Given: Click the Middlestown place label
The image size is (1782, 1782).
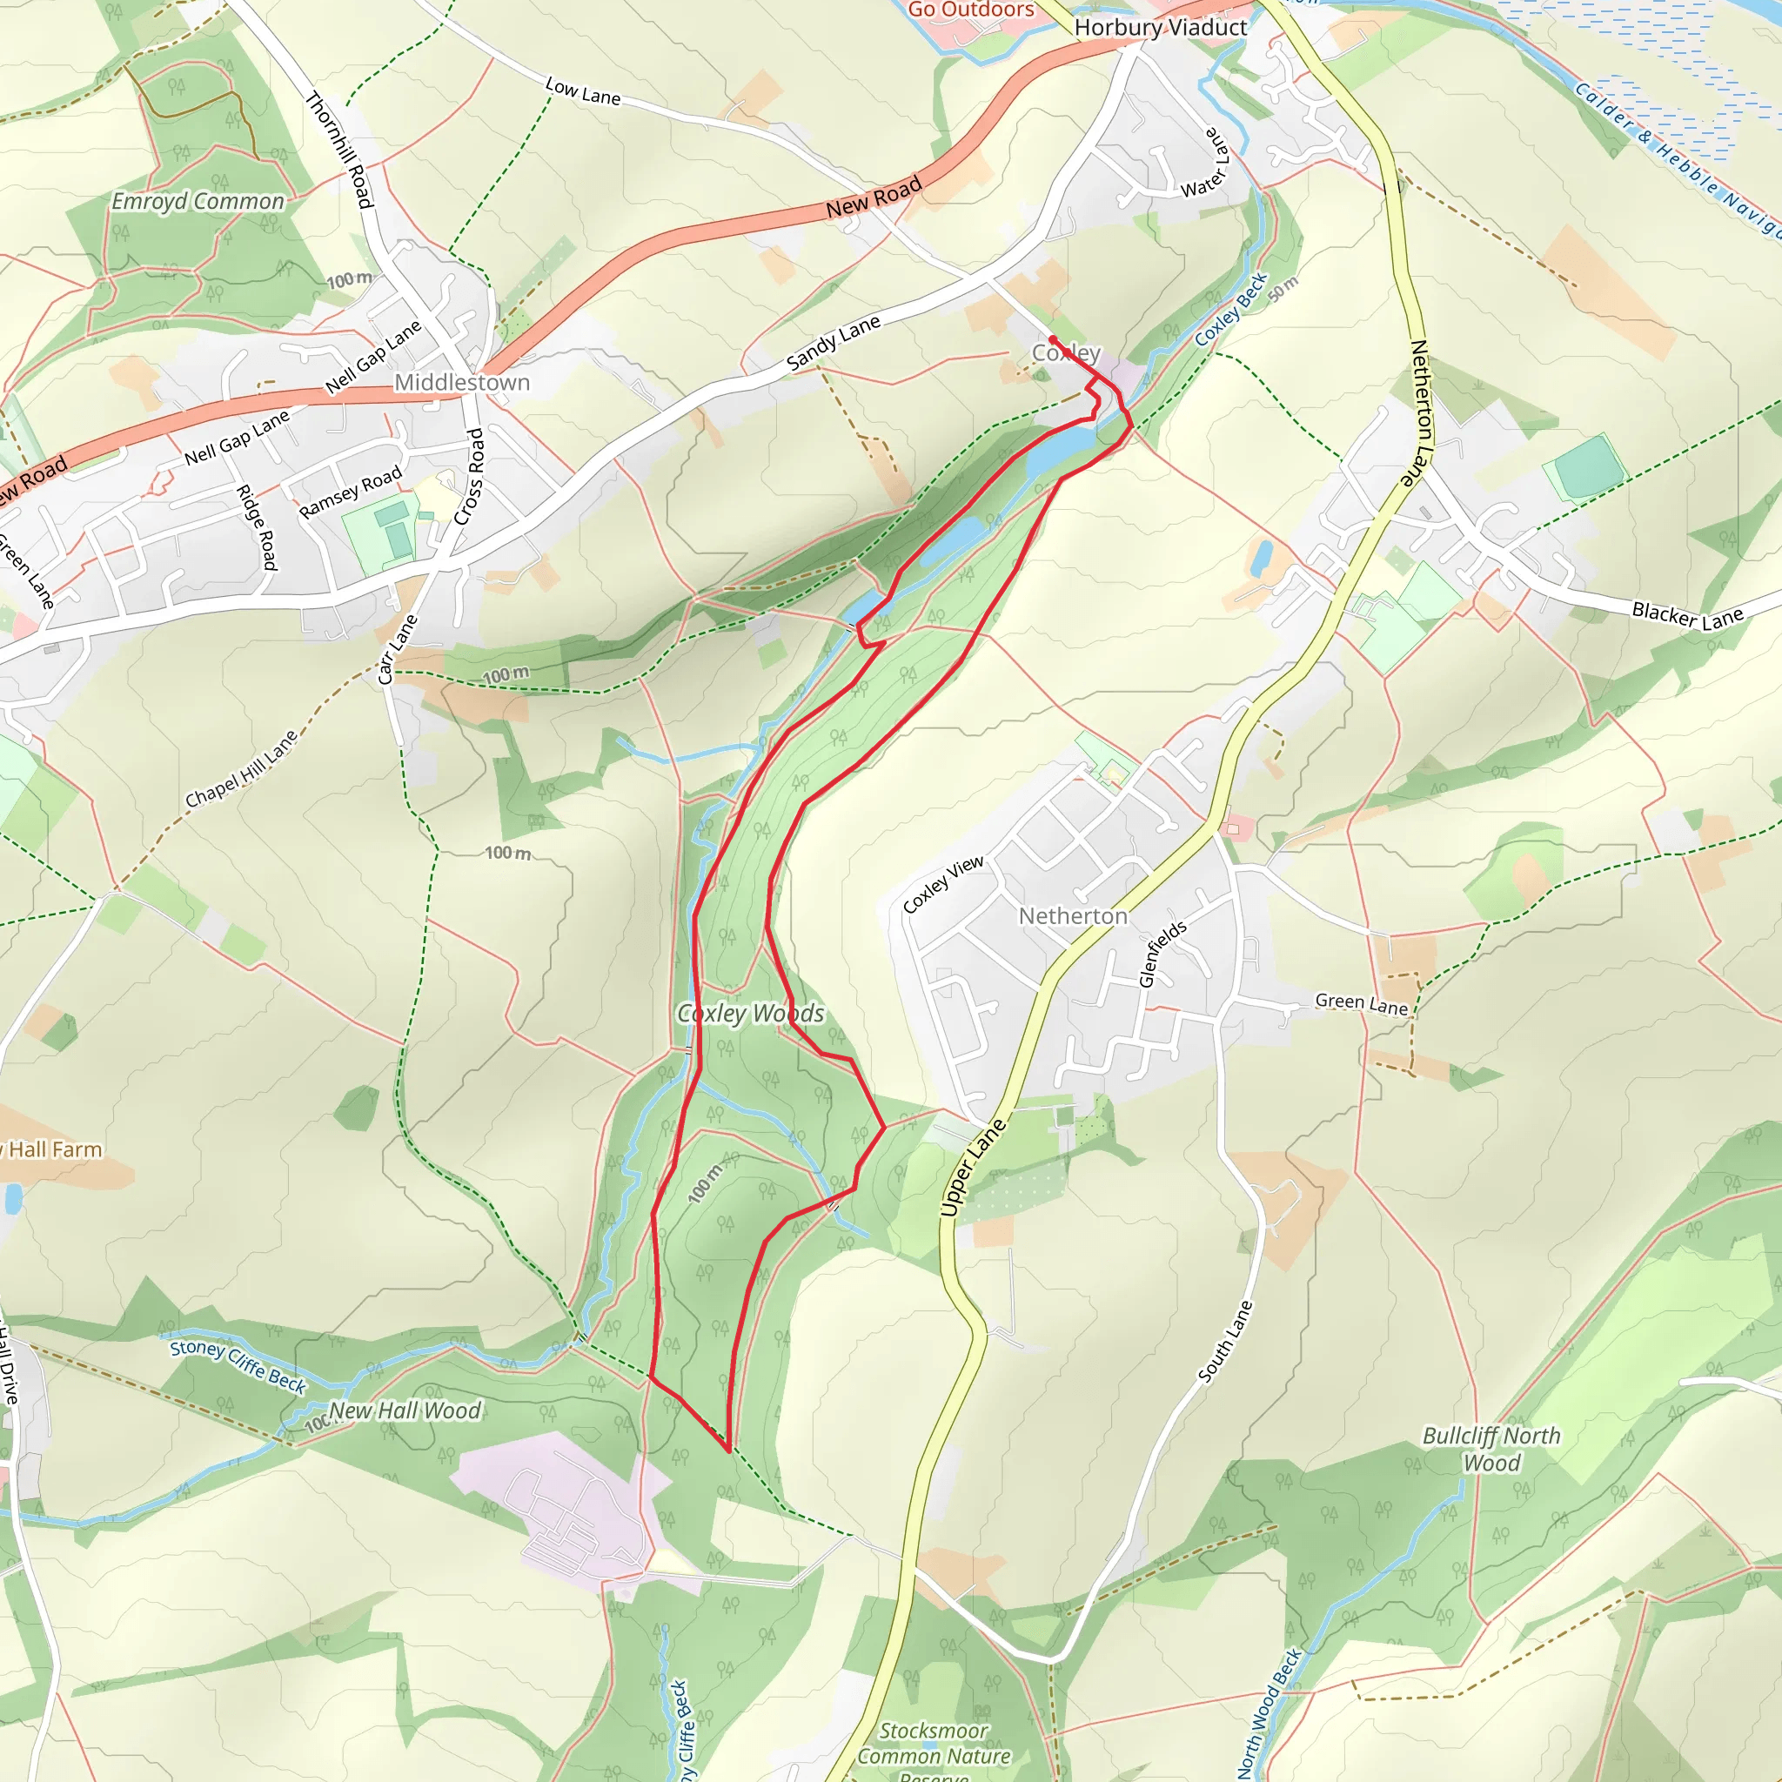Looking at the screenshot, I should coord(462,382).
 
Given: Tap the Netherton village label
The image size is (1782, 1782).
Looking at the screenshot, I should coord(1073,916).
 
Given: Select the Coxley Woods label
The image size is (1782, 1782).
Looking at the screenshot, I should coord(751,1014).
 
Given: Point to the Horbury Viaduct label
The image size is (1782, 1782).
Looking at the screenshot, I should coord(1161,28).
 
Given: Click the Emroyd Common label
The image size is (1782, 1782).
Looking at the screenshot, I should coord(198,201).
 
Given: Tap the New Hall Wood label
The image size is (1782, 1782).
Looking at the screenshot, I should coord(405,1410).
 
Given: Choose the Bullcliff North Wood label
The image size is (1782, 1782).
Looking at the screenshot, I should coord(1491,1449).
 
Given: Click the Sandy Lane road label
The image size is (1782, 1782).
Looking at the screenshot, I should coord(833,342).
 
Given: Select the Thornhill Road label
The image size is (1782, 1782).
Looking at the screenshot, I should coord(339,151).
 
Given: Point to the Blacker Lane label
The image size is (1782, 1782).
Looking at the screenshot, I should coord(1687,615).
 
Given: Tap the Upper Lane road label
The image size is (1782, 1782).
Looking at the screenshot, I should coord(974,1166).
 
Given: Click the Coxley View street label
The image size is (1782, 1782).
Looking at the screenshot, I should coord(942,885).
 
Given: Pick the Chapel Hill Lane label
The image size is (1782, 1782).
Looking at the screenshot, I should coord(242,769).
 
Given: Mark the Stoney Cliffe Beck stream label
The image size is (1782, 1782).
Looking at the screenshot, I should coord(238,1365).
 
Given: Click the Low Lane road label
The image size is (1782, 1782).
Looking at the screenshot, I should coord(583,91).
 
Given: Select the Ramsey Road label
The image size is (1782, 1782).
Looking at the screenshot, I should coord(351,492).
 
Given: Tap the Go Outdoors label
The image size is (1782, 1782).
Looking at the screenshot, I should coord(971,10).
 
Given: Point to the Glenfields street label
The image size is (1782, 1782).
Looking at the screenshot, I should coord(1162,954).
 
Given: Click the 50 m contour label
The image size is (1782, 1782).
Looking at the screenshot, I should coord(1283,289).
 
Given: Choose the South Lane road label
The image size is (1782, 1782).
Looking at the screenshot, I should coord(1226,1341).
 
